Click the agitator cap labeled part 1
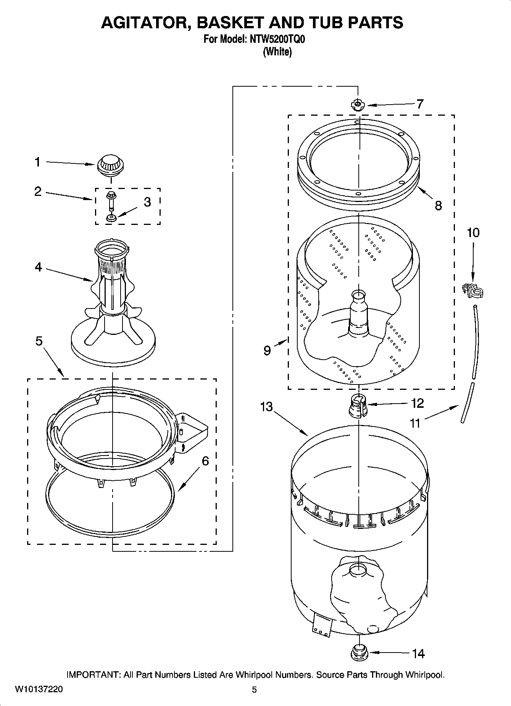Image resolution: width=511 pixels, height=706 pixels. (x=111, y=165)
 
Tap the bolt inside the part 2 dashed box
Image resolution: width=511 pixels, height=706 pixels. (x=111, y=201)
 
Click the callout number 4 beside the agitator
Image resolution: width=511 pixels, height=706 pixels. (x=38, y=267)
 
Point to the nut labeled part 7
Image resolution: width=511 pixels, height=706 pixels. (x=358, y=105)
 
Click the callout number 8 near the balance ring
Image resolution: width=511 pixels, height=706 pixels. (x=438, y=206)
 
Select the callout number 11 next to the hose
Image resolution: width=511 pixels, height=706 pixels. (x=415, y=423)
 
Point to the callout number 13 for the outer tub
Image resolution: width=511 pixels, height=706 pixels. (x=266, y=407)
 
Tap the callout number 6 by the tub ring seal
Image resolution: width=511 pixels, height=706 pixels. (x=205, y=461)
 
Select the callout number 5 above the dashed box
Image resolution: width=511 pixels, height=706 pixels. (x=39, y=341)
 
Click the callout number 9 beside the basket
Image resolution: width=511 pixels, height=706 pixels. (x=267, y=350)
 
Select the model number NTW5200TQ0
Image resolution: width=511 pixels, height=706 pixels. (x=277, y=39)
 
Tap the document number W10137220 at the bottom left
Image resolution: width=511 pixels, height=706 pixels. (x=39, y=689)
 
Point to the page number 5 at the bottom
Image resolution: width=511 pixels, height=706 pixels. (x=254, y=689)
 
